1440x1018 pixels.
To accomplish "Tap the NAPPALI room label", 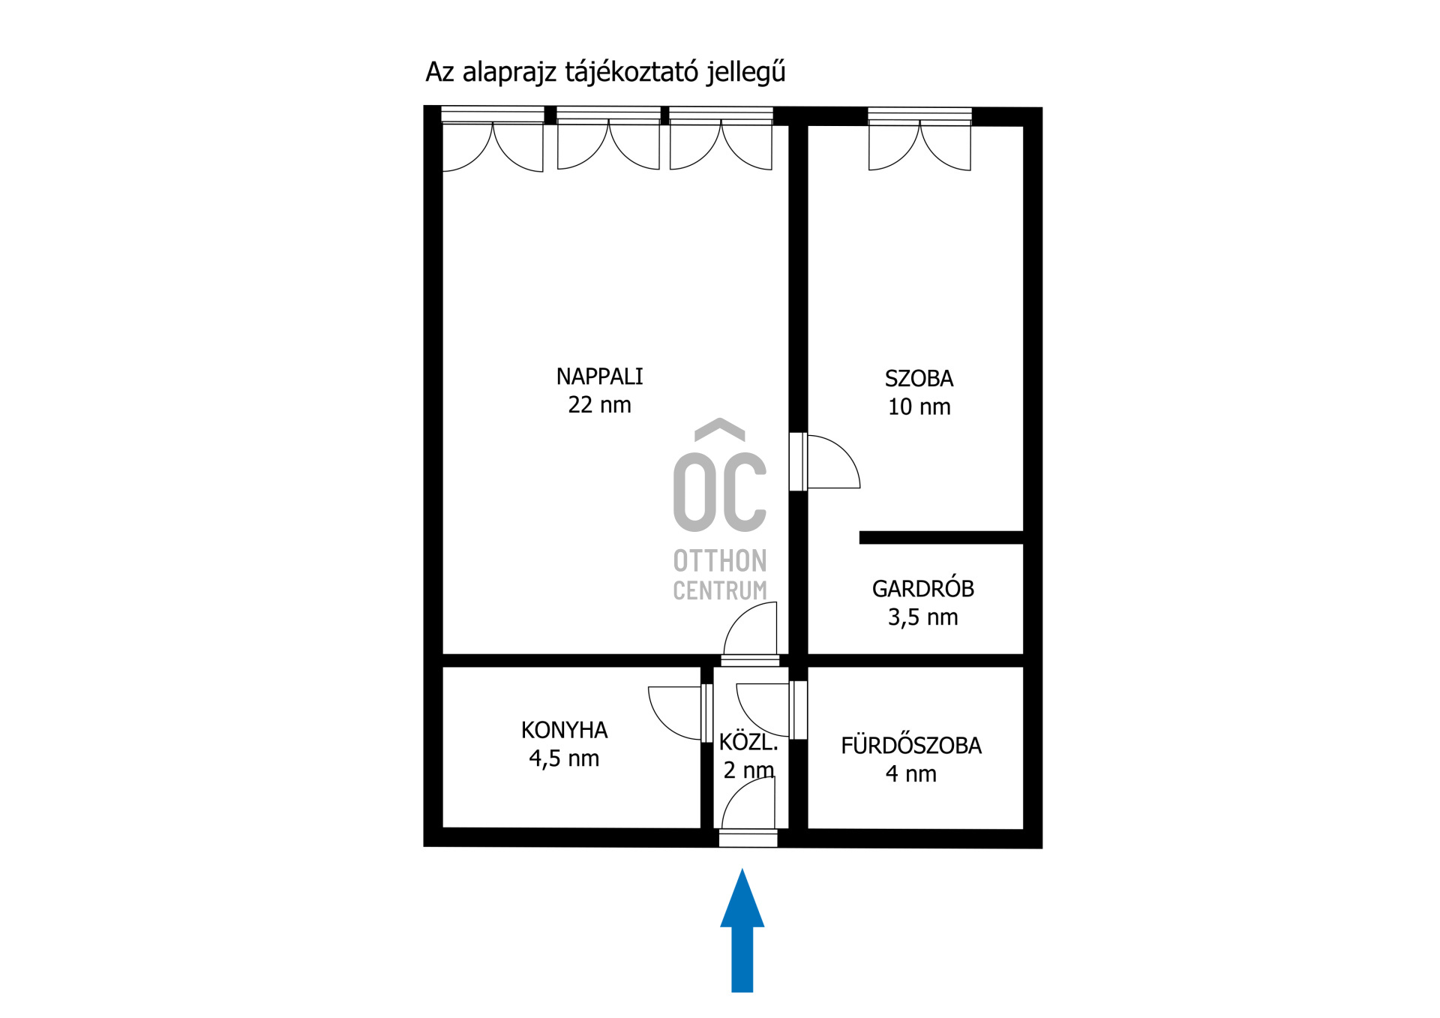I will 599,377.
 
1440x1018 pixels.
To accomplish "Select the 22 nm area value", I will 599,405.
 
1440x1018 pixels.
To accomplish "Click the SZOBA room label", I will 919,379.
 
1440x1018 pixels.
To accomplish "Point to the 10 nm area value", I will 919,407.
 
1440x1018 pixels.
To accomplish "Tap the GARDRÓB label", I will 922,589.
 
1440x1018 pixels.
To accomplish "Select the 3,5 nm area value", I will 922,617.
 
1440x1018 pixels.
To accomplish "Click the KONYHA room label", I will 564,730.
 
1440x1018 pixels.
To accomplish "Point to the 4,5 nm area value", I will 564,758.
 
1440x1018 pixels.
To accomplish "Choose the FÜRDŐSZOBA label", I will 910,746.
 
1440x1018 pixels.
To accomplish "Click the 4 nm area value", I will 910,774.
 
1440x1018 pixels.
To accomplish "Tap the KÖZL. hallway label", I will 748,743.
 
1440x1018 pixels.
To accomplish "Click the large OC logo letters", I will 719,491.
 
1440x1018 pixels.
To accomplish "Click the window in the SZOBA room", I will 919,116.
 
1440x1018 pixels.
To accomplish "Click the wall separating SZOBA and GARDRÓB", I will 941,537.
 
